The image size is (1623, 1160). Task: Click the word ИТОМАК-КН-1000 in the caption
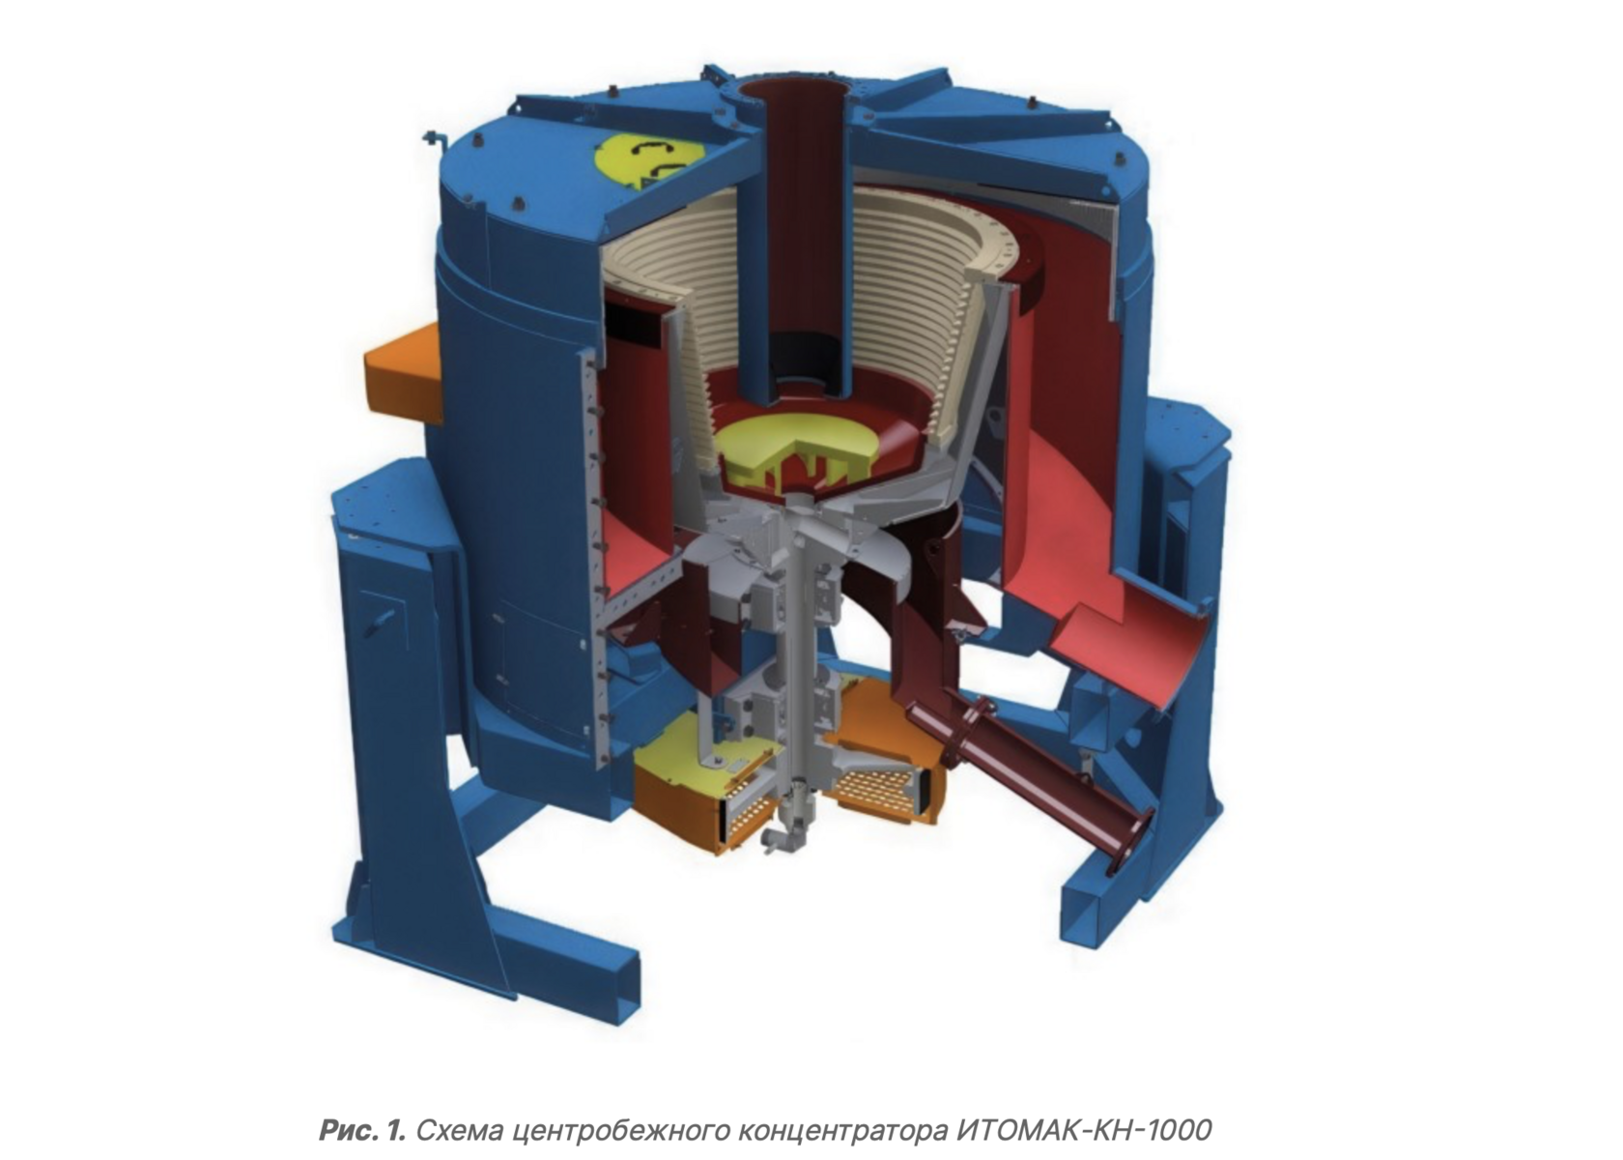point(1083,1129)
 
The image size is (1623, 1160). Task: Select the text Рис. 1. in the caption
point(362,1129)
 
